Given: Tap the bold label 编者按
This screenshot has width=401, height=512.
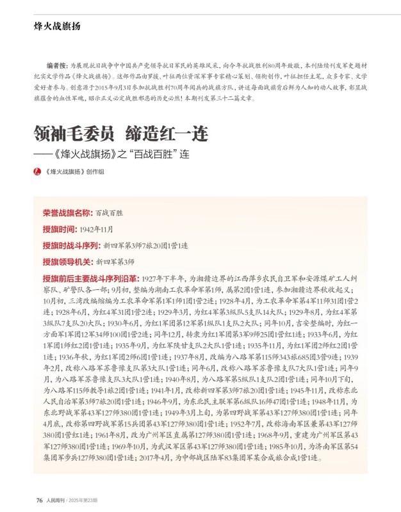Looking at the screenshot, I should click(57, 66).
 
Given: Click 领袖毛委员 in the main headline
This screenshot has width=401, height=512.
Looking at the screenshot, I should click(74, 134).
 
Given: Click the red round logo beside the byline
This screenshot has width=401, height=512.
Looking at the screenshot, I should click(37, 172).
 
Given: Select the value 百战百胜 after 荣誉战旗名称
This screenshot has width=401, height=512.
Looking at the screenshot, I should click(109, 212).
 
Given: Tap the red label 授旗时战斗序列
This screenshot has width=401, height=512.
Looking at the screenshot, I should click(71, 245).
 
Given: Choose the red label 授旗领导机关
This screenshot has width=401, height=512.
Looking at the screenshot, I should click(67, 262).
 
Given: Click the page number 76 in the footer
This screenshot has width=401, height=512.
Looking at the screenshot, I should click(39, 500).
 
